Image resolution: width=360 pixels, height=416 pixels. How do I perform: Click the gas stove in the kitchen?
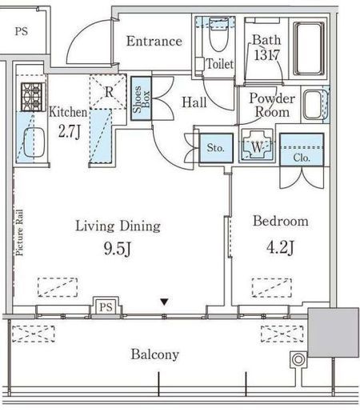point(33,97)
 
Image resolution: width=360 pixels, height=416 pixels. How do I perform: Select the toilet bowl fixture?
point(218,34)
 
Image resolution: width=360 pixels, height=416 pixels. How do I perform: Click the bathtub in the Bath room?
point(309,49)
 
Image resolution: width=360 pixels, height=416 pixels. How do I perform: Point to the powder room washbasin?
point(313,105)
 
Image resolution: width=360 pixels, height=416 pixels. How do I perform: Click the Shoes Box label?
point(141,99)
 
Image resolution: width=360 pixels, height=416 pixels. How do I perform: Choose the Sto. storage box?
point(216,148)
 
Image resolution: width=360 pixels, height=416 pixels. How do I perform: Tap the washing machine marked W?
point(257,146)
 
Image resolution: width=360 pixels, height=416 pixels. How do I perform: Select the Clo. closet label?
point(302,158)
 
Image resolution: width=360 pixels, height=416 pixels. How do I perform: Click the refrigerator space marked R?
point(108,92)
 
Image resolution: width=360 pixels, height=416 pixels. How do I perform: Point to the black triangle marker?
point(164,302)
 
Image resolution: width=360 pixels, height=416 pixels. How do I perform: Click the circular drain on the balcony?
point(298,359)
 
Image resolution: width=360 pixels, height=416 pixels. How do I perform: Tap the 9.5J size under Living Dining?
point(118,249)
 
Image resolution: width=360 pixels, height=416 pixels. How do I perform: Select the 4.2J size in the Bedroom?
point(280,247)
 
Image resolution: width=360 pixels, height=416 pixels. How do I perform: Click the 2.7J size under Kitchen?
point(70,131)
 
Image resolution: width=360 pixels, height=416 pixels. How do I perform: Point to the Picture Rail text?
point(19,233)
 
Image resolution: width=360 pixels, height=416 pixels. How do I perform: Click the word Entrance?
point(154,41)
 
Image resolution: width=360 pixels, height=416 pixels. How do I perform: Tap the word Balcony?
point(154,354)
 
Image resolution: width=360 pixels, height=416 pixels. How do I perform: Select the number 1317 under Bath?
point(266,55)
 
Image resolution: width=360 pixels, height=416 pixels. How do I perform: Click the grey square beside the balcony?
point(333,333)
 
